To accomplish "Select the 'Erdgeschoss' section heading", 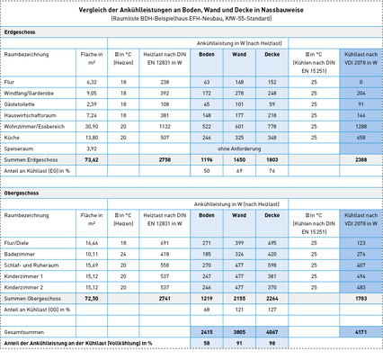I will [22, 31].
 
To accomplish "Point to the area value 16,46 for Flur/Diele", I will [89, 243].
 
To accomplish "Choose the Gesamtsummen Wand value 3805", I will [239, 332].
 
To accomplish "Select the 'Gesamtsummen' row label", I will [24, 332].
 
